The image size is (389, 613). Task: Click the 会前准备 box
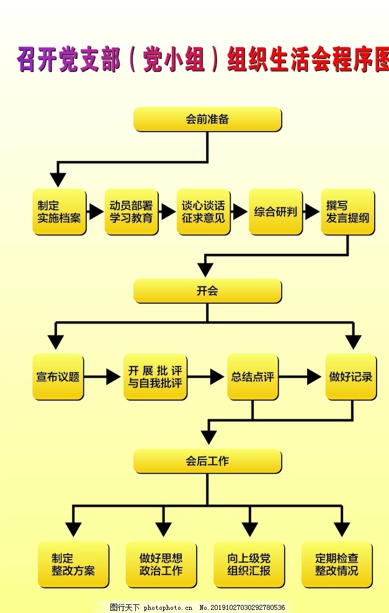(x=207, y=119)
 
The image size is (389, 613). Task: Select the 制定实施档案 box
(x=59, y=212)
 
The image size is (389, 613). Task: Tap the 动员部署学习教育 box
(x=132, y=212)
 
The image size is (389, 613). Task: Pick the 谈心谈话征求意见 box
(x=203, y=212)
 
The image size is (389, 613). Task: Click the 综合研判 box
(x=275, y=212)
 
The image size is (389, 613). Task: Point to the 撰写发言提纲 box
(x=347, y=212)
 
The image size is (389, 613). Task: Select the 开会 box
(x=207, y=291)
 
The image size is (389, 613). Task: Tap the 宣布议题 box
(x=58, y=376)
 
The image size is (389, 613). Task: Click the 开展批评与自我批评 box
(x=155, y=376)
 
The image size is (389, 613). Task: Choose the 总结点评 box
(x=253, y=376)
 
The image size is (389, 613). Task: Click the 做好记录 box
(x=351, y=376)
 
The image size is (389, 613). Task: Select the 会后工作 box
(x=207, y=461)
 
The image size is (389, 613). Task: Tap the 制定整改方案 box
(x=73, y=565)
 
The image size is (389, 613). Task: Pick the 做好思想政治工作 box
(x=161, y=565)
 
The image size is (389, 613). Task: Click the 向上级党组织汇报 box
(x=249, y=565)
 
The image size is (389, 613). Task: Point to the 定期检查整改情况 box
(x=337, y=565)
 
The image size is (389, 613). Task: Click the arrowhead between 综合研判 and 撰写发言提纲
(x=311, y=212)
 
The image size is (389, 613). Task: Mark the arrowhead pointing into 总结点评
(x=217, y=376)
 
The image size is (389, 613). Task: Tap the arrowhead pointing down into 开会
(x=205, y=270)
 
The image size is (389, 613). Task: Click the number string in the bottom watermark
(x=247, y=607)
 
